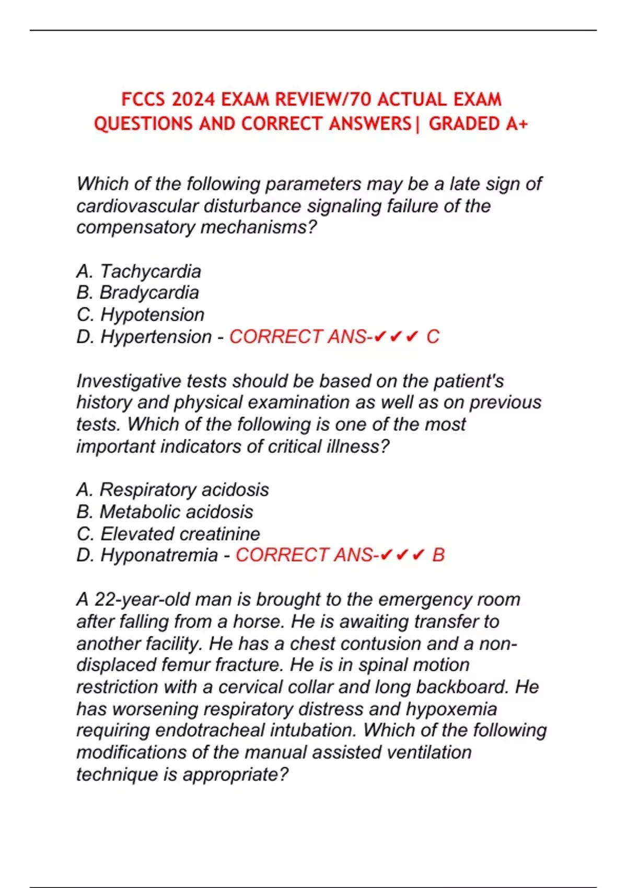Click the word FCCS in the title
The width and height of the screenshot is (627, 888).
point(143,99)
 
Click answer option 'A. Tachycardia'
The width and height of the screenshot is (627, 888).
point(138,271)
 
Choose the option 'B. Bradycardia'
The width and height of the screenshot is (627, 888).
point(137,293)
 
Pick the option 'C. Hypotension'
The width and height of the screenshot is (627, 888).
point(140,314)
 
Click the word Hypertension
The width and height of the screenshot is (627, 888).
point(156,336)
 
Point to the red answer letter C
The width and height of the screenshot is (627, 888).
point(433,336)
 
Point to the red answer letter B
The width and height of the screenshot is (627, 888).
point(438,555)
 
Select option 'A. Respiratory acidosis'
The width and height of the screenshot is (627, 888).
point(172,489)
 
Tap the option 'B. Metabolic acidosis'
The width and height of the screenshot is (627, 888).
point(165,511)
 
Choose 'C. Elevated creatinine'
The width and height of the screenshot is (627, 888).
point(168,533)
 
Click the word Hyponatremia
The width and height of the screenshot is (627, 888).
point(159,555)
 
